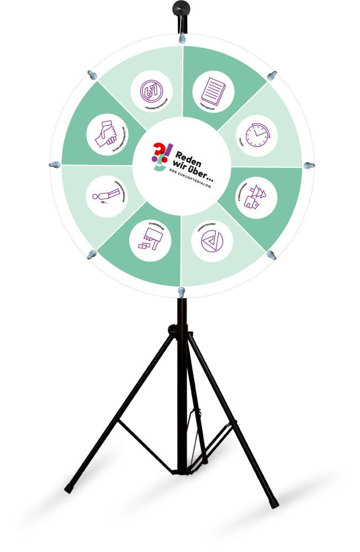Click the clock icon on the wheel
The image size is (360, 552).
coord(257,135)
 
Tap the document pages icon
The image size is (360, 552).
coord(213,90)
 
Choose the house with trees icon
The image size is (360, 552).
coord(257,198)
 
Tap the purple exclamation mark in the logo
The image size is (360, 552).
coord(169,152)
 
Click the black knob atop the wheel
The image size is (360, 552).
coord(181,8)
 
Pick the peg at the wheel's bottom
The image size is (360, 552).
coord(182,290)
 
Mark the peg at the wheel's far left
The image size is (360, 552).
coord(55,165)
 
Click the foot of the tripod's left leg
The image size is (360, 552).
coord(70,489)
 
